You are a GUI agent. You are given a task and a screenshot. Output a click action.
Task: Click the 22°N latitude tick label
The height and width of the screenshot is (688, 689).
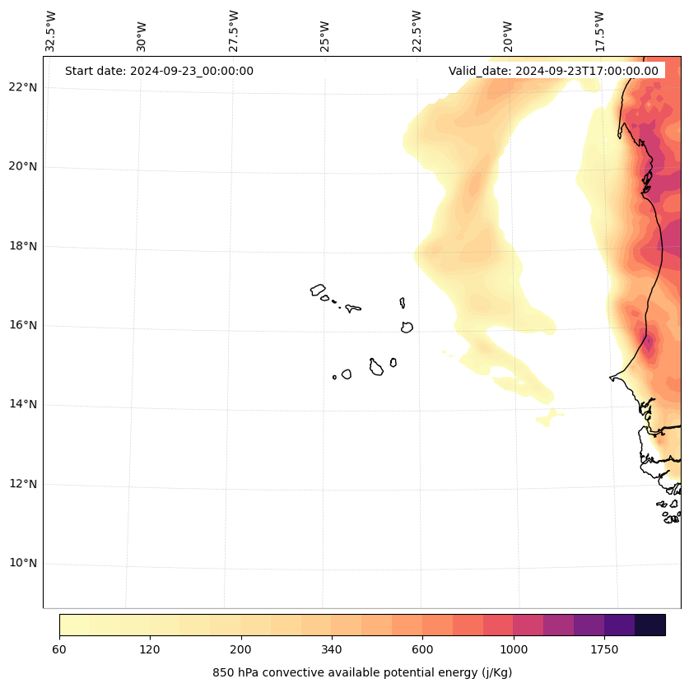click(22, 87)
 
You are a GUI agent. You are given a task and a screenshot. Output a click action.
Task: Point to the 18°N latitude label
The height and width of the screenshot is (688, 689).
click(22, 246)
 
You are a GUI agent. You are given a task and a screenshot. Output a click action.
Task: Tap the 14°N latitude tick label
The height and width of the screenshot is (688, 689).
click(22, 404)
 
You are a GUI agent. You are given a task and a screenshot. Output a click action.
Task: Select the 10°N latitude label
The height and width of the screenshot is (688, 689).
click(22, 563)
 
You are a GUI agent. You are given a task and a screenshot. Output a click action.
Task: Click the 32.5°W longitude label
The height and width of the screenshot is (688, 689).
click(51, 30)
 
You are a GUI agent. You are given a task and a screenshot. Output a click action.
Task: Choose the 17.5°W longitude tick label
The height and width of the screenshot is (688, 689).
click(599, 30)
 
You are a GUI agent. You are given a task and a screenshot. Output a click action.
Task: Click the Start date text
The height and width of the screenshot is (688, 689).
click(159, 71)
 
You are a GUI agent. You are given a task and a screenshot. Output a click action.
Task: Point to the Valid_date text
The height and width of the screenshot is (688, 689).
click(553, 71)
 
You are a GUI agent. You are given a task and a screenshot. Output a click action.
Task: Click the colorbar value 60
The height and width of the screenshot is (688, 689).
click(59, 650)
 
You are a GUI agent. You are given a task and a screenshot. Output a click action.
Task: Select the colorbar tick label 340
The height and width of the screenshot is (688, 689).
click(332, 650)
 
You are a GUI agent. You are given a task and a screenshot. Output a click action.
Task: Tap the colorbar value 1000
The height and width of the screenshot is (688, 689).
click(514, 650)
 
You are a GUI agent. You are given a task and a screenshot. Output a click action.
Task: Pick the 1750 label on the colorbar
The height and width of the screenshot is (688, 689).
click(604, 650)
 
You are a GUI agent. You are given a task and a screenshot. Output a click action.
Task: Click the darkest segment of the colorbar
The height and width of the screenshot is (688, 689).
click(650, 625)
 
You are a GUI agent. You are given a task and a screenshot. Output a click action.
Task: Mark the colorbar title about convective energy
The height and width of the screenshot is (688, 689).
click(362, 672)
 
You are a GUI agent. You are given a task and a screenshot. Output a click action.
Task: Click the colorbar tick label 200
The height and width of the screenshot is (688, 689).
click(240, 650)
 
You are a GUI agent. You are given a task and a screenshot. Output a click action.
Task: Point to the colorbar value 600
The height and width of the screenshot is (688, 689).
click(422, 650)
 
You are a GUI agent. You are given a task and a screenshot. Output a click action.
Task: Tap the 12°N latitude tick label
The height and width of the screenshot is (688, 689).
click(22, 484)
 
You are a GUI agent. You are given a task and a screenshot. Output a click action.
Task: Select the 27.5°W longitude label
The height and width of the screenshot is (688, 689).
click(234, 30)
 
